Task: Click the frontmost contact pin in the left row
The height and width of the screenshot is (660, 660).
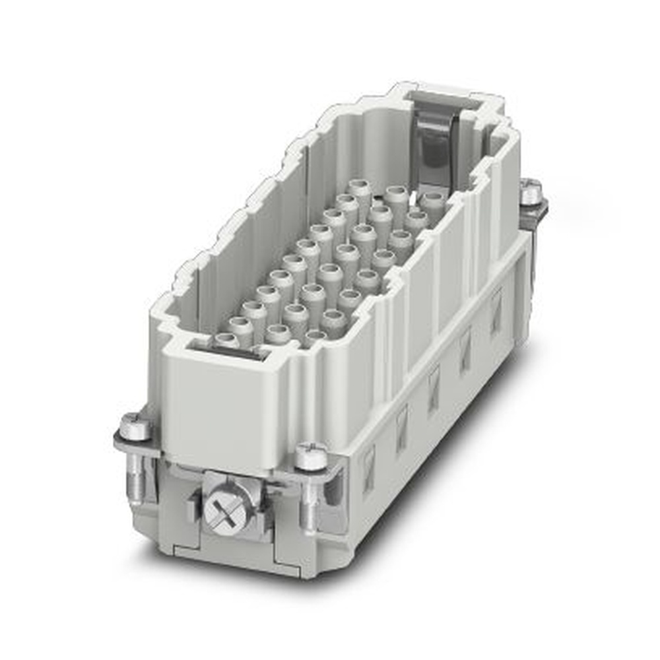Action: click(x=226, y=341)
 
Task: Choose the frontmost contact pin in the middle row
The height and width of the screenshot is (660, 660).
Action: click(x=277, y=334)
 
